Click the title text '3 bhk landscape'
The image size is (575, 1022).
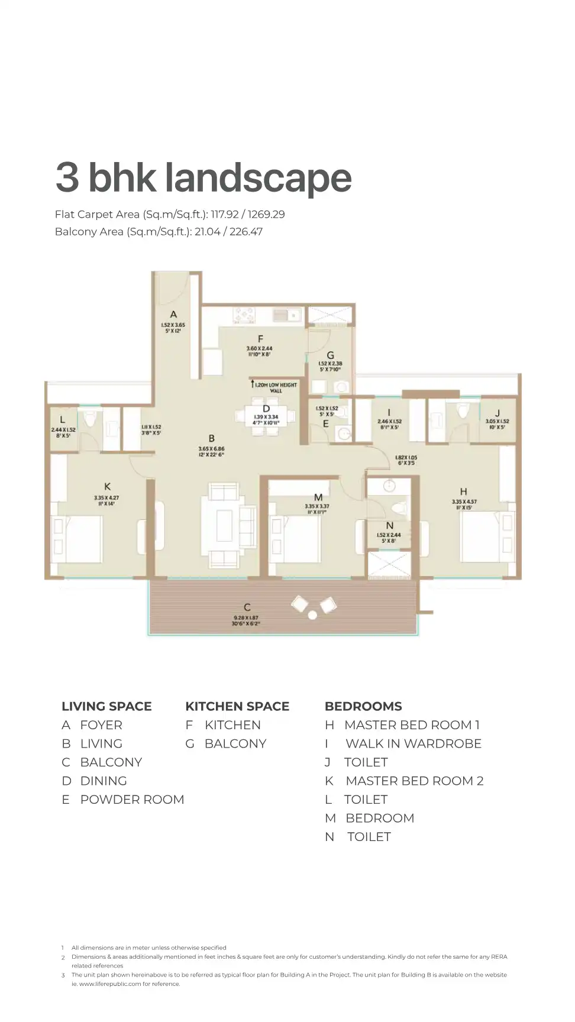click(203, 177)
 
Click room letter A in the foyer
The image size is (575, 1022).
click(173, 315)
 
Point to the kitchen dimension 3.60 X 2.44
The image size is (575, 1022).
click(259, 348)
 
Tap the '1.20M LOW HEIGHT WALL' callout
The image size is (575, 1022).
click(276, 387)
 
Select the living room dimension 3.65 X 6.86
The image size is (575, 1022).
click(211, 449)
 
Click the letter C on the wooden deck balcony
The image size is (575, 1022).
click(247, 607)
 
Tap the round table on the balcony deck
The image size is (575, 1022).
click(312, 615)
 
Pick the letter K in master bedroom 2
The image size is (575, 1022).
click(107, 486)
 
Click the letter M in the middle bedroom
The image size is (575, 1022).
click(318, 497)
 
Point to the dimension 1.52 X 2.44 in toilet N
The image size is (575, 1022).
click(389, 535)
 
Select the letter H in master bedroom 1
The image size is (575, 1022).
click(463, 491)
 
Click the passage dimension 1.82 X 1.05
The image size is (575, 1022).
click(406, 457)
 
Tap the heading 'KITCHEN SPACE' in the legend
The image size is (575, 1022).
click(237, 706)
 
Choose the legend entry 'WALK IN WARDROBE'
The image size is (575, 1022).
click(413, 743)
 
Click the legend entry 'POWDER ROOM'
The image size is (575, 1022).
click(132, 800)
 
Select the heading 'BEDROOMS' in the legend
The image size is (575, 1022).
click(363, 706)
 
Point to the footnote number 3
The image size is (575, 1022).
click(63, 975)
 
